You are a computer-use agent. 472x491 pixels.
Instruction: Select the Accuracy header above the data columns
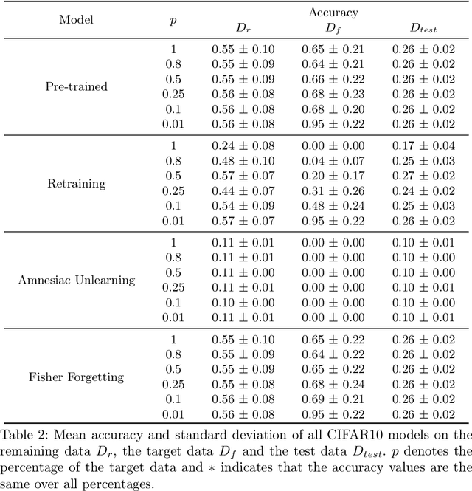334,13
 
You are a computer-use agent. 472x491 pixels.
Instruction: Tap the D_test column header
426,28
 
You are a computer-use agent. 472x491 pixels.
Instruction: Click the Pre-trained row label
76,86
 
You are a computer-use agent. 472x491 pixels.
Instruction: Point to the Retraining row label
76,183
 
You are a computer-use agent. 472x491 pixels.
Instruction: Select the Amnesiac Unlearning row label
77,280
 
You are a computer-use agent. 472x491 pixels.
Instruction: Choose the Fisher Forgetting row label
76,377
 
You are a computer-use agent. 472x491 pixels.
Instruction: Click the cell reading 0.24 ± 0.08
243,145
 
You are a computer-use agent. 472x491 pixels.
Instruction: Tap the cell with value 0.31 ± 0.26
333,190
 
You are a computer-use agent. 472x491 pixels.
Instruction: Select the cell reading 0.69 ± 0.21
333,399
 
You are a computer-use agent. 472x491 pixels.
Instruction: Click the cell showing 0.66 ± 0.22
333,79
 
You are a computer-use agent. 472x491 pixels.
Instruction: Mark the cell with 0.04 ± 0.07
333,161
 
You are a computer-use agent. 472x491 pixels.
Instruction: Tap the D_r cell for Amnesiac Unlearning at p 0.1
243,303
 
